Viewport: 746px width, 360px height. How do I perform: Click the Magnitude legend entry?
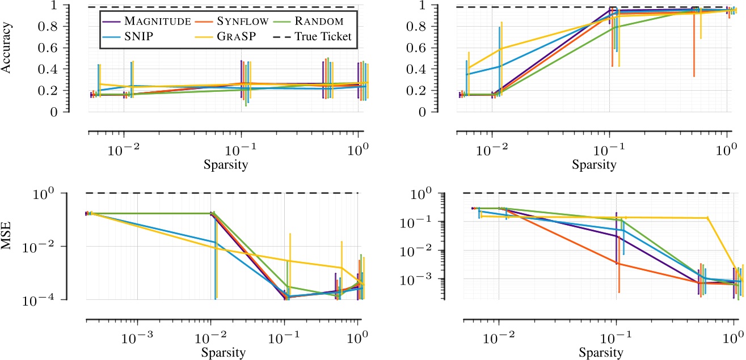point(157,22)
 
